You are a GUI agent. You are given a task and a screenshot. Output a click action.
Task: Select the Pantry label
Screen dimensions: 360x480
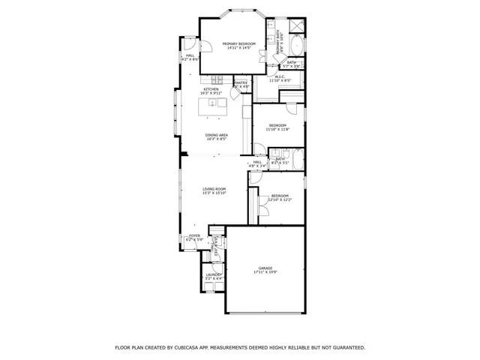point(241,84)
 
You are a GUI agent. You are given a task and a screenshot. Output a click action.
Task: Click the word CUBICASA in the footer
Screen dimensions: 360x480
point(188,348)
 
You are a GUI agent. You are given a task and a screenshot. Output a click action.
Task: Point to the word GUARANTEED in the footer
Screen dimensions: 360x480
point(344,348)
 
